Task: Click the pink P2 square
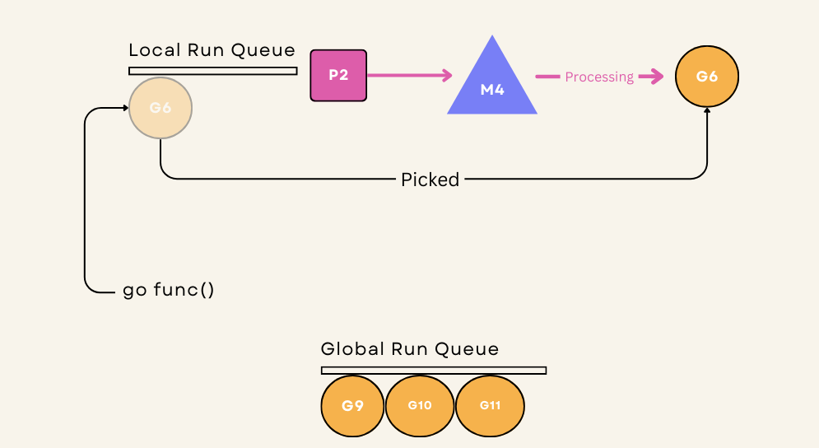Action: (338, 75)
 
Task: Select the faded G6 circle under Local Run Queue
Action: (161, 108)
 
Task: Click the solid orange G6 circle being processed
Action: (707, 77)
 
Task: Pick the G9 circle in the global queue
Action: (352, 406)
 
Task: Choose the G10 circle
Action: (420, 406)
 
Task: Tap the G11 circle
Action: (490, 406)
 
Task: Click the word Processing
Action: (599, 77)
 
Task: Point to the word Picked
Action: (430, 180)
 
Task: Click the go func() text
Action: (168, 290)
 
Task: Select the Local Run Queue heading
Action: (212, 50)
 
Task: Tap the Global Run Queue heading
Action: (410, 348)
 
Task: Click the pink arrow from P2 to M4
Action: (410, 75)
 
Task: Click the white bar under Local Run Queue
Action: (213, 71)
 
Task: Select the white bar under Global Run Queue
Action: (434, 371)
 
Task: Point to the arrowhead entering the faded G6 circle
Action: (126, 108)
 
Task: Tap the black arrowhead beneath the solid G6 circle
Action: (707, 111)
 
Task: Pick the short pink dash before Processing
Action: (547, 77)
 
